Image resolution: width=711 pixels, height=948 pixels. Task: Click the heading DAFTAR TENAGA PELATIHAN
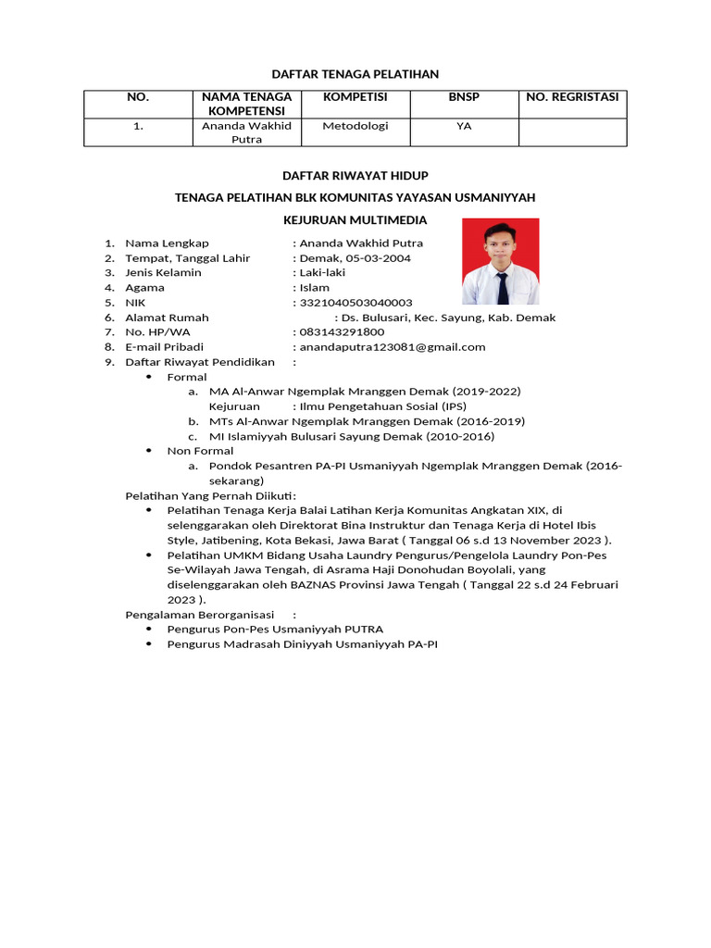[x=355, y=73]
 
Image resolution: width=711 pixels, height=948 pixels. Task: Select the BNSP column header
[x=464, y=97]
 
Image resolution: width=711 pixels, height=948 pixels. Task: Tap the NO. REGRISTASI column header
[x=571, y=97]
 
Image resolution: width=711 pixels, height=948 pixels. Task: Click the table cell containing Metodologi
[x=355, y=126]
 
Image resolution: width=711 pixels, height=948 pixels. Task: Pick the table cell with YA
[x=464, y=126]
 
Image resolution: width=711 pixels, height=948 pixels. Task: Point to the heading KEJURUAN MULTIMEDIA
[x=355, y=220]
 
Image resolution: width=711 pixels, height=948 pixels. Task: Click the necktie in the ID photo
[x=502, y=287]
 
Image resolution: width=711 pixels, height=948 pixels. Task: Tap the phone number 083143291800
[x=341, y=332]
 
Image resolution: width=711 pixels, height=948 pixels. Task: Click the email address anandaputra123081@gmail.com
[x=393, y=347]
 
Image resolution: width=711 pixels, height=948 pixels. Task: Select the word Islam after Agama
[x=314, y=288]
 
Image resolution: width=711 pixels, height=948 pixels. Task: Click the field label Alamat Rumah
[x=167, y=318]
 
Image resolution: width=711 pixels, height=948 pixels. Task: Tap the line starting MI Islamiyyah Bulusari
[x=351, y=436]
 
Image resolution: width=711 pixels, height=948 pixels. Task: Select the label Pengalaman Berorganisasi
[x=200, y=614]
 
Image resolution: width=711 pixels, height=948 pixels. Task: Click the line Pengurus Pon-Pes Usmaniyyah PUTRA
[x=275, y=629]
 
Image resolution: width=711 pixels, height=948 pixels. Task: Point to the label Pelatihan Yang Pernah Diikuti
[x=209, y=495]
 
